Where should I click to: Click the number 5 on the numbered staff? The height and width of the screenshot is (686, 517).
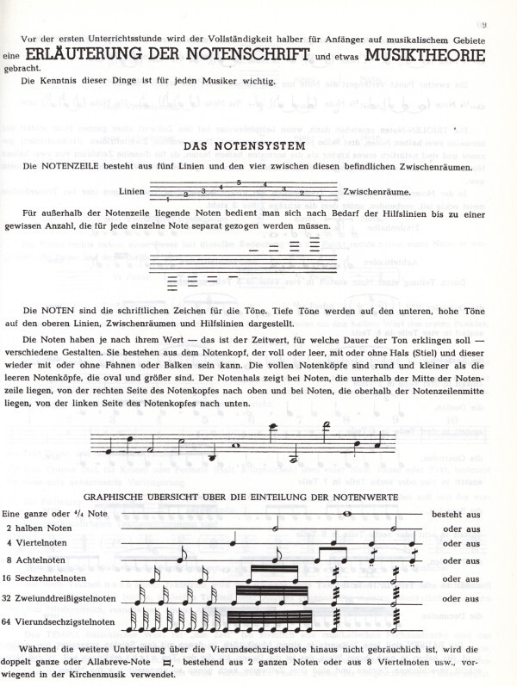pos(238,183)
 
